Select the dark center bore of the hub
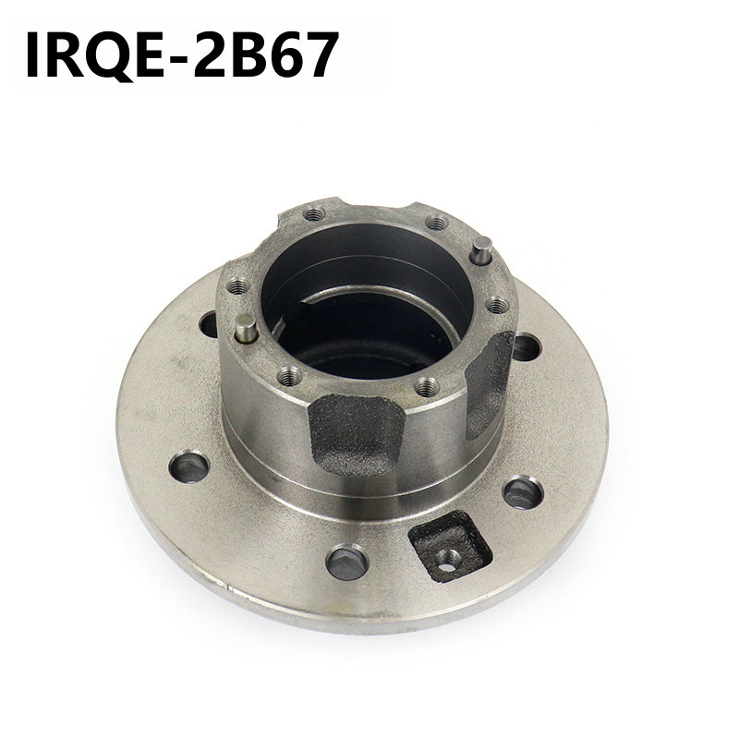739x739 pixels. (x=369, y=314)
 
